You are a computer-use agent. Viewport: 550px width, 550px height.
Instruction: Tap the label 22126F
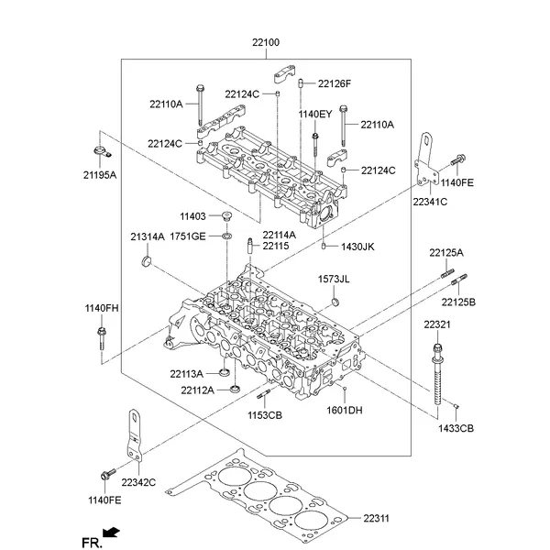pos(335,84)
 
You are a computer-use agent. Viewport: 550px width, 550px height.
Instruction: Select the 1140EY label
pos(314,114)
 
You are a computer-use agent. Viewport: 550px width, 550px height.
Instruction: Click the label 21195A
pos(100,174)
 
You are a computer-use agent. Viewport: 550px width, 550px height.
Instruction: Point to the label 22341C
pos(430,201)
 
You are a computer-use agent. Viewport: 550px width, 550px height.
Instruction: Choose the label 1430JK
pos(358,247)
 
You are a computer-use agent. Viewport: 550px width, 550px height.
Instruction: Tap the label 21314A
pos(147,236)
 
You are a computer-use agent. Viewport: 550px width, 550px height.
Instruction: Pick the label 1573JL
pos(335,279)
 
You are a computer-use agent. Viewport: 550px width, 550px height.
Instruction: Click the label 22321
pos(436,325)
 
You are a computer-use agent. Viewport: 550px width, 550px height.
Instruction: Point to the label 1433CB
pos(456,428)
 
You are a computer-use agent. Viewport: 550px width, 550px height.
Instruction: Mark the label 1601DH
pos(345,411)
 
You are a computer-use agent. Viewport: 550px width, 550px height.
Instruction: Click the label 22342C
pos(138,482)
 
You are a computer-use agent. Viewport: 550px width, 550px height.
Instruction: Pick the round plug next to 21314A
pos(146,265)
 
